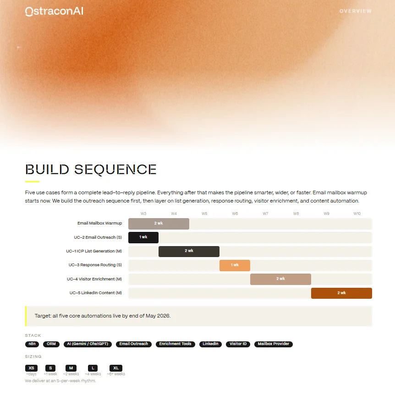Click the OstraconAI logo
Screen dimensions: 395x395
(x=54, y=11)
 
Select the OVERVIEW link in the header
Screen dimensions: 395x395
(x=355, y=11)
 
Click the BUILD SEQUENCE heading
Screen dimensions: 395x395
(x=91, y=170)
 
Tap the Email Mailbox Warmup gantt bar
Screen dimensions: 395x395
(x=159, y=224)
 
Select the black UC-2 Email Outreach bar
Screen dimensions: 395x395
(x=143, y=237)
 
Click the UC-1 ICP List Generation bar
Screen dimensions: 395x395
(x=189, y=251)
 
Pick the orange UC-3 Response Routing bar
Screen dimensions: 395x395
(x=235, y=265)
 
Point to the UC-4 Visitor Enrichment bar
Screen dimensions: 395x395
(x=280, y=279)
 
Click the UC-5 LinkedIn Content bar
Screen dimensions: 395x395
(x=341, y=293)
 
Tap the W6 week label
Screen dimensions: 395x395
(x=235, y=214)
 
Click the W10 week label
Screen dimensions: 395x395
(x=357, y=214)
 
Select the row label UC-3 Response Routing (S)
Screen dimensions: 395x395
(x=95, y=265)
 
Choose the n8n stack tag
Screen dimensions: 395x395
(x=32, y=344)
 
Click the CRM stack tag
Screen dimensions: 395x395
(x=51, y=344)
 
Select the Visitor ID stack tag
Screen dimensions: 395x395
(x=238, y=344)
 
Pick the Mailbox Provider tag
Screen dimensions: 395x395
(x=273, y=344)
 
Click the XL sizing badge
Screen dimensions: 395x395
(x=116, y=368)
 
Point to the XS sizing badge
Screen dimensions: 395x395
(x=32, y=368)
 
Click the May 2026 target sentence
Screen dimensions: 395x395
(x=103, y=316)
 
